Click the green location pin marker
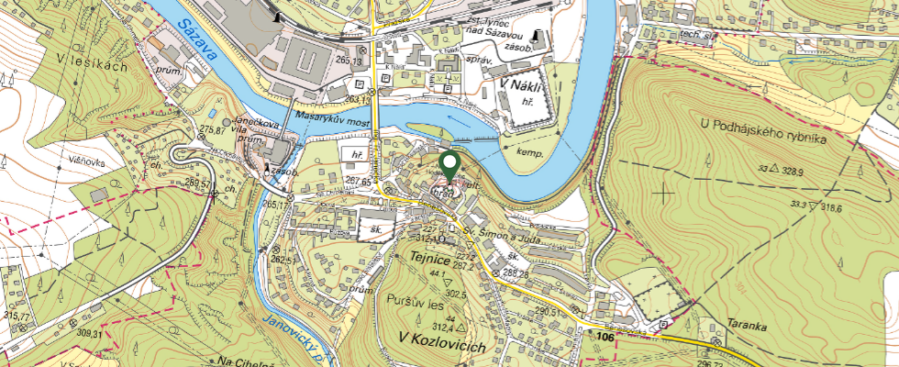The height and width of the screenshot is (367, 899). tap(449, 166)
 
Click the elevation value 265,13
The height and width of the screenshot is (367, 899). tap(349, 60)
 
